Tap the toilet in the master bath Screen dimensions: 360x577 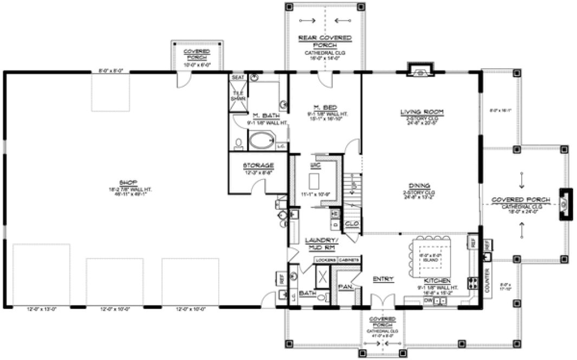[238, 144]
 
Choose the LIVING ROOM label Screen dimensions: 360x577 [422, 112]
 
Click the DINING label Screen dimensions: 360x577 [422, 184]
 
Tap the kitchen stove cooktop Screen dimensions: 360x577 [472, 282]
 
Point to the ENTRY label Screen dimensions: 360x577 [382, 279]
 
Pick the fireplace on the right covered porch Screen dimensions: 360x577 [563, 204]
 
